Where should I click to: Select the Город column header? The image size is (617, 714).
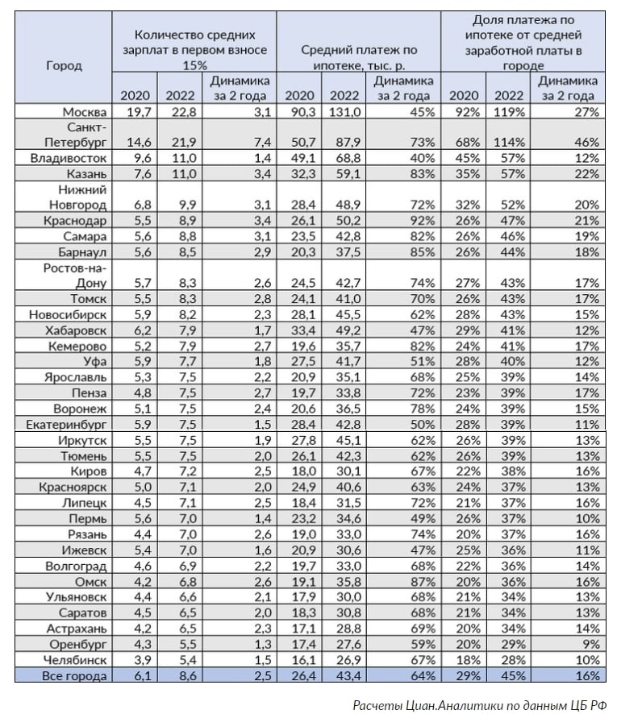[x=64, y=66]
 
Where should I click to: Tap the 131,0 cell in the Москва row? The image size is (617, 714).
[x=344, y=111]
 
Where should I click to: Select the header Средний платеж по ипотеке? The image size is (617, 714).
[x=359, y=56]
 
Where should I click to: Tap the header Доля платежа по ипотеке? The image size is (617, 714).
[x=527, y=44]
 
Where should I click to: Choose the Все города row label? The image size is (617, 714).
[x=74, y=676]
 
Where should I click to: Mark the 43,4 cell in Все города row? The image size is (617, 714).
[x=344, y=676]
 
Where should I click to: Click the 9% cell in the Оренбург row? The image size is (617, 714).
[x=590, y=645]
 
